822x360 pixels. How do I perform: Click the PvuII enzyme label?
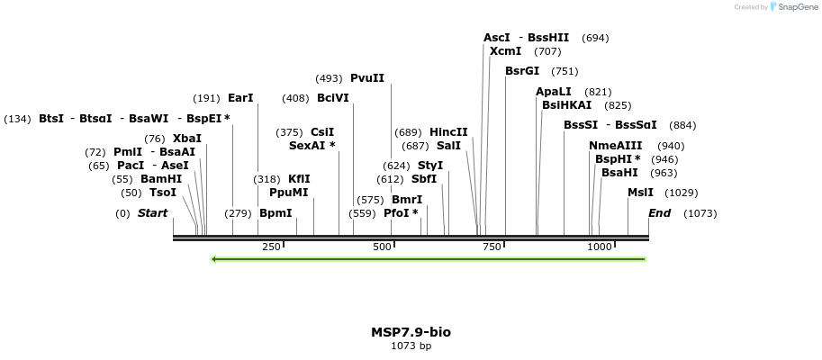coord(367,78)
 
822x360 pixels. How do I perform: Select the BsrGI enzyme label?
coord(522,71)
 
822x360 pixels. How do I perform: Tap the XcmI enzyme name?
coord(505,51)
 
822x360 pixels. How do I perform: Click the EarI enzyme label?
coord(240,98)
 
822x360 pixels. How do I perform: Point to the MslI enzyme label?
coord(641,193)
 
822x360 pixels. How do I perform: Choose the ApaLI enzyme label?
coord(554,92)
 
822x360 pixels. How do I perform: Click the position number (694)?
coord(596,38)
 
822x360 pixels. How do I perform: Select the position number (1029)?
coord(682,193)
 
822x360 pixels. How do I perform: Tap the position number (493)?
coord(329,78)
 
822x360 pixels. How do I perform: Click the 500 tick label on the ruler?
coord(382,247)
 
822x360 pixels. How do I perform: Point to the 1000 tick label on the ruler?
coord(600,247)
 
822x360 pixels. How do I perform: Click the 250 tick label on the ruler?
coord(271,247)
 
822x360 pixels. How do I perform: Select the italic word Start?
coord(152,213)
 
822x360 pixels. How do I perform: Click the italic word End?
coord(659,213)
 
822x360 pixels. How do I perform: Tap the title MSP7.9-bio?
coord(411,332)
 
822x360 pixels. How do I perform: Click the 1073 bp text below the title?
coord(411,346)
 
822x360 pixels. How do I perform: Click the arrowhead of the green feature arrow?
coord(213,259)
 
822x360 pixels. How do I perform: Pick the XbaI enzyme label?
coord(187,139)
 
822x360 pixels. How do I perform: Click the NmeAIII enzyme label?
coord(616,146)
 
